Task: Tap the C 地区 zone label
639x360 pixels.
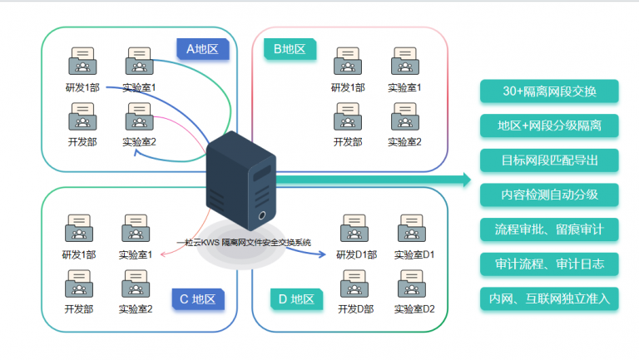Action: pos(197,299)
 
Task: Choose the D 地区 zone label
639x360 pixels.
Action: pos(295,299)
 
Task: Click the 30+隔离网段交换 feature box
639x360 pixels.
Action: pos(550,91)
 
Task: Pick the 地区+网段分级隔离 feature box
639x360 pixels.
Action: pos(550,126)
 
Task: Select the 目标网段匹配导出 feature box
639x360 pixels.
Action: pos(550,160)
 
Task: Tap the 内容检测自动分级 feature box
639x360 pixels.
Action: pos(550,195)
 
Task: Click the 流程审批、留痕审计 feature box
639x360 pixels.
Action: pos(550,229)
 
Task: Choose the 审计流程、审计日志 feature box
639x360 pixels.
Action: pos(550,264)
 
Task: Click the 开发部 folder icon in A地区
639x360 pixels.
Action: pos(82,115)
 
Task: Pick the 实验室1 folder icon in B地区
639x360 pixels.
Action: pos(404,62)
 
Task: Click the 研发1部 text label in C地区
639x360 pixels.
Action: pos(79,254)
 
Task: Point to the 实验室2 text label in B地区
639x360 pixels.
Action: pos(404,142)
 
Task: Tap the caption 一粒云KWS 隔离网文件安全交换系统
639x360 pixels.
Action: pos(244,242)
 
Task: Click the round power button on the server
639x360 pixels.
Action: pos(263,215)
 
